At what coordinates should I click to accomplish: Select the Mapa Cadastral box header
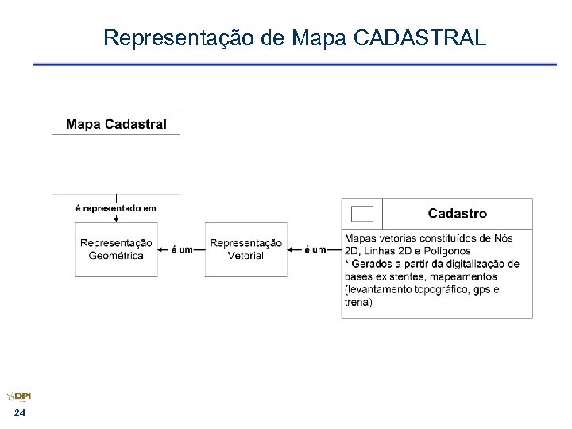click(116, 124)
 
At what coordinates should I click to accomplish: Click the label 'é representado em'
click(116, 207)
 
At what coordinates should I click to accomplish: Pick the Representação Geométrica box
click(116, 249)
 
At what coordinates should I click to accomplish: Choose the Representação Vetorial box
click(246, 249)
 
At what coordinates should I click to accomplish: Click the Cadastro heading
click(458, 213)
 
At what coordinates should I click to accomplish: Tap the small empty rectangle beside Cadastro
click(362, 213)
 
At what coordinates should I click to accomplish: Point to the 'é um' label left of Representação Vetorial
click(182, 249)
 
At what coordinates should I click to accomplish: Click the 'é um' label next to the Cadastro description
click(315, 249)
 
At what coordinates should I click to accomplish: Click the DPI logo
click(19, 397)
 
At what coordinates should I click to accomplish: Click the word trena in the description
click(358, 302)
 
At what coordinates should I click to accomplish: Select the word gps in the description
click(481, 289)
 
